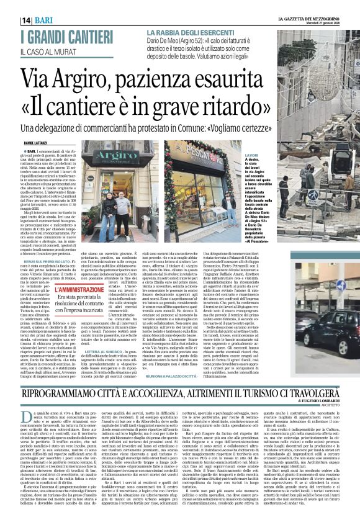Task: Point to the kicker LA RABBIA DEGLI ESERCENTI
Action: [191, 32]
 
